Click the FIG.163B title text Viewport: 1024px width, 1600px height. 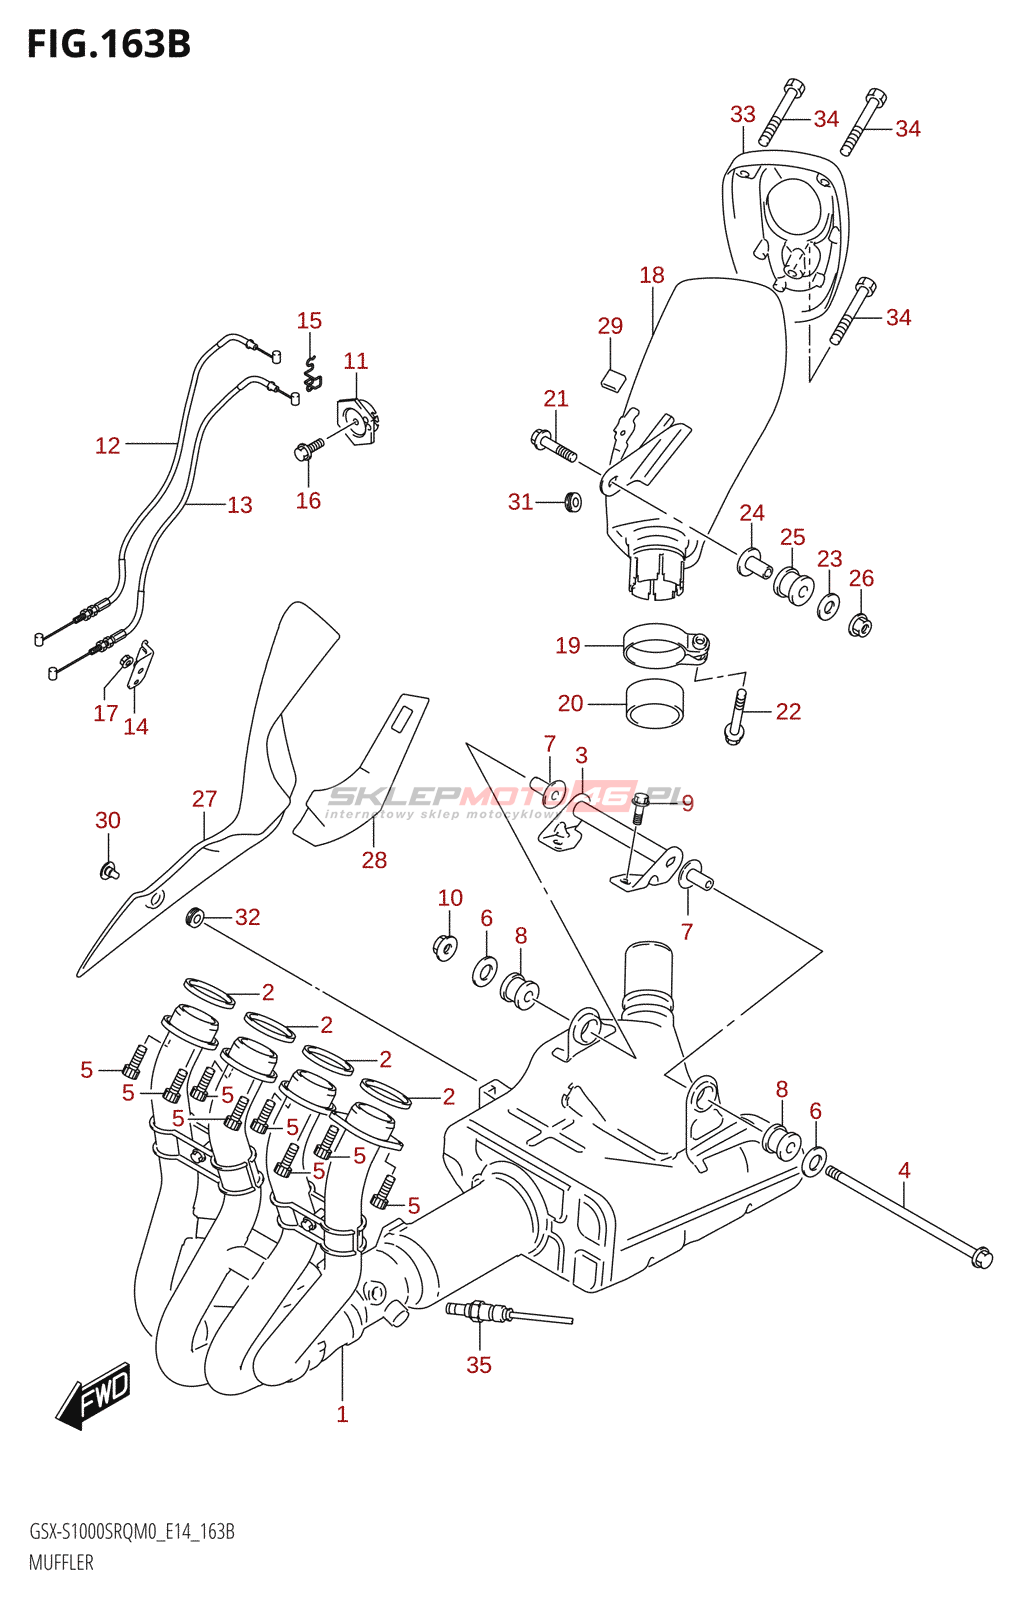coord(108,44)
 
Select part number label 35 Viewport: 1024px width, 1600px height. coord(479,1365)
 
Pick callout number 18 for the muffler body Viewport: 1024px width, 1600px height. coord(652,275)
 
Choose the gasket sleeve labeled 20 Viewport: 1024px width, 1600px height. coord(654,703)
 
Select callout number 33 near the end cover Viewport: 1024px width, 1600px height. coord(743,114)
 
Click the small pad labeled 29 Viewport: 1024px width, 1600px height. coord(612,378)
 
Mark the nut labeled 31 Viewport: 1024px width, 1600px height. coord(573,501)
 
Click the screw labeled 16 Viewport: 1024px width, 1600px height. coord(307,450)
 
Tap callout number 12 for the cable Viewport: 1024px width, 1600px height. coord(108,446)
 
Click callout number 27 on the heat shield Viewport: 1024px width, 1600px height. coord(205,799)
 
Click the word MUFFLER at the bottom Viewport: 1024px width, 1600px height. coord(61,1563)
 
